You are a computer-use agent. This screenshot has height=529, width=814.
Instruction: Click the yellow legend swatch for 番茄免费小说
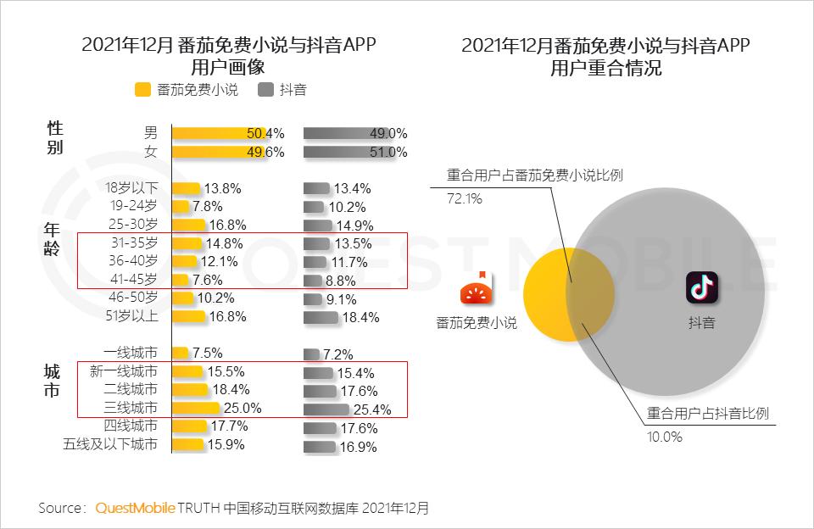coord(142,89)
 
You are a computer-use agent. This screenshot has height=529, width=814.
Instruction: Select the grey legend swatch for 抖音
coord(265,89)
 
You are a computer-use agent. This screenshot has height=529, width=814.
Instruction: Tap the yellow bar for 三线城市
coord(195,408)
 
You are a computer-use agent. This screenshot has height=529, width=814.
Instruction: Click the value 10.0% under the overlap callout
coord(665,437)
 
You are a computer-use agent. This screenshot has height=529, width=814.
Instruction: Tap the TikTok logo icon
coord(702,288)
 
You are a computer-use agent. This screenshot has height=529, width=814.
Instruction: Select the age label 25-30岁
coord(132,225)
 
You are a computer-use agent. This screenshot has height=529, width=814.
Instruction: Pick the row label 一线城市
coord(130,353)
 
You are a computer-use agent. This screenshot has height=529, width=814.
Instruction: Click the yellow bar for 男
coord(220,133)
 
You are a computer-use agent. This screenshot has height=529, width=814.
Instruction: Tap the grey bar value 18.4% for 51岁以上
coord(361,317)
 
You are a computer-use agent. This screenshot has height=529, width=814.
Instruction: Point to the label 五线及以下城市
coord(110,444)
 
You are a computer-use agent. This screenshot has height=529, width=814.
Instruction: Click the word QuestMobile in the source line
coord(135,508)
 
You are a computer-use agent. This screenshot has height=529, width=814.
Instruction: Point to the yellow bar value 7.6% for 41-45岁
coord(209,280)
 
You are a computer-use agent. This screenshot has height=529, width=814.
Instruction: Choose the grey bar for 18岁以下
coord(316,188)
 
